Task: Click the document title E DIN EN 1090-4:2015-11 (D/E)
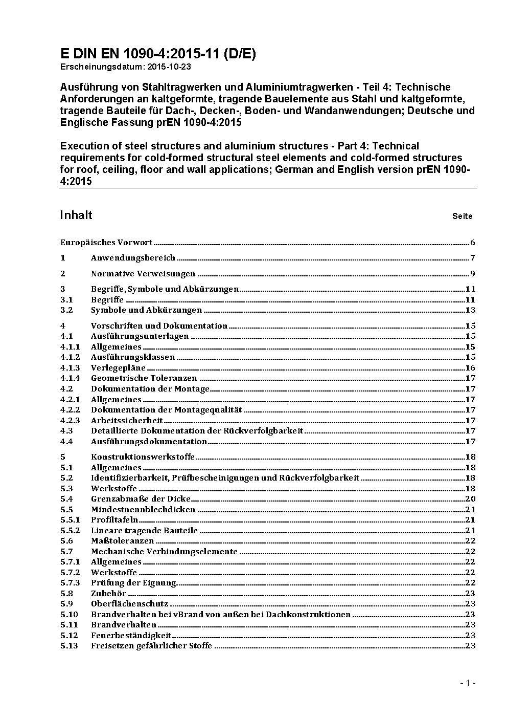[158, 54]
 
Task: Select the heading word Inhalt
[76, 215]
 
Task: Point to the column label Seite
[462, 216]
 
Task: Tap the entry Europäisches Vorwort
[106, 243]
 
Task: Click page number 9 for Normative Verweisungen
[473, 274]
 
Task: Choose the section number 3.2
[66, 310]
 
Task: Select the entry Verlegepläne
[118, 368]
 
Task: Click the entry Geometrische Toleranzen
[144, 378]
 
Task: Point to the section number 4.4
[66, 441]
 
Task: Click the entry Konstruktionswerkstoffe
[143, 457]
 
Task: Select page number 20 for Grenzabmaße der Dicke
[470, 499]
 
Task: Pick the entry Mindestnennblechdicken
[143, 510]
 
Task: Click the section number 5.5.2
[70, 531]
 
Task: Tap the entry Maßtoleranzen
[122, 541]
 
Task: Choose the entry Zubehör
[108, 594]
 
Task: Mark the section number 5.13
[69, 646]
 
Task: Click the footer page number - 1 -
[468, 683]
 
